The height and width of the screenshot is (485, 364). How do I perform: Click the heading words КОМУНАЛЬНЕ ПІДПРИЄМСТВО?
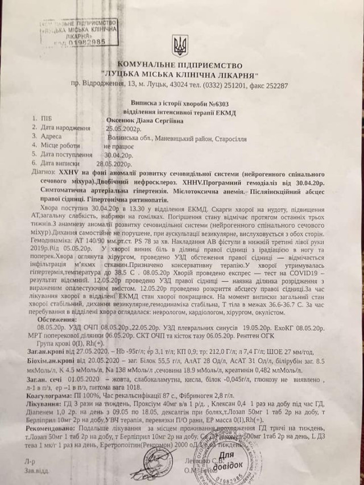[181, 66]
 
